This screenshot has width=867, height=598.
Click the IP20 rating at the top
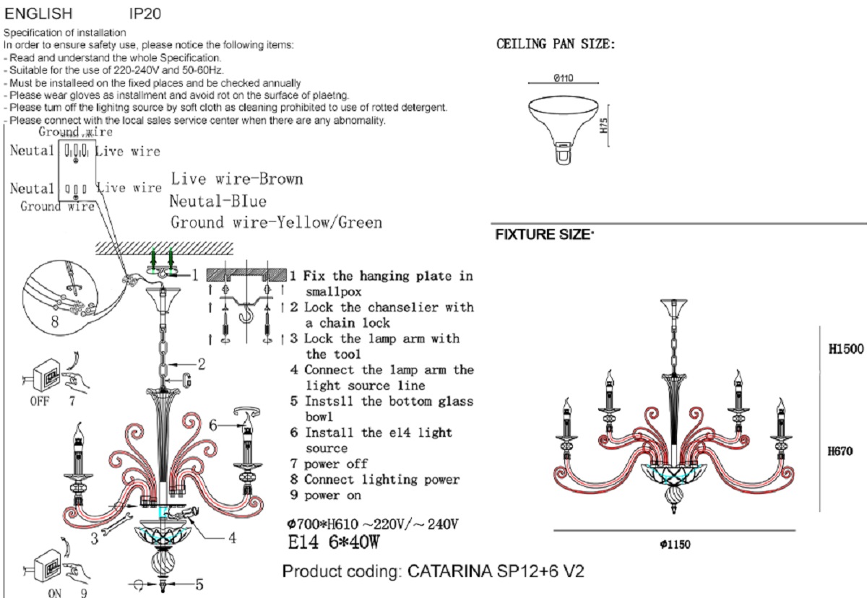pyautogui.click(x=145, y=14)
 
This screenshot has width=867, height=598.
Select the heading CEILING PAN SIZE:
pyautogui.click(x=556, y=45)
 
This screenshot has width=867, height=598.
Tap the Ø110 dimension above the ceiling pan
pyautogui.click(x=564, y=79)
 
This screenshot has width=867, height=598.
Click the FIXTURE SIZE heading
pyautogui.click(x=544, y=235)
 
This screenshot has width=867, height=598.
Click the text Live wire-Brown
pyautogui.click(x=237, y=179)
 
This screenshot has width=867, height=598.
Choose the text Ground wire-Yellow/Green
pyautogui.click(x=276, y=222)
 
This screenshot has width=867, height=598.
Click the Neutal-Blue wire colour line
pyautogui.click(x=218, y=201)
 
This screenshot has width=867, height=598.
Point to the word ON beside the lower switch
pyautogui.click(x=55, y=592)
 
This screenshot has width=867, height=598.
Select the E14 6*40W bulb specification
pyautogui.click(x=333, y=542)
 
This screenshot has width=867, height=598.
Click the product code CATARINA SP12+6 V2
pyautogui.click(x=433, y=572)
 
